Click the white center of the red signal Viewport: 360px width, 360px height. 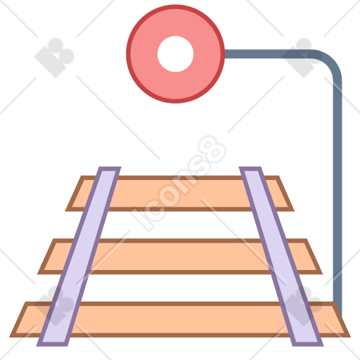(x=175, y=54)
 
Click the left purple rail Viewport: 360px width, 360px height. (x=79, y=257)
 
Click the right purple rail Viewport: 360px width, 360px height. (x=281, y=257)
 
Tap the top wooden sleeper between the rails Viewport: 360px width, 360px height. (x=180, y=193)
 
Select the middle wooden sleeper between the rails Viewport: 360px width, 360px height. (x=180, y=257)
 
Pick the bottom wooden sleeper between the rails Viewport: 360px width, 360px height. (x=180, y=319)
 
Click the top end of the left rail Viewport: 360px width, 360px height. (x=110, y=169)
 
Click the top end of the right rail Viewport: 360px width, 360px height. (x=250, y=169)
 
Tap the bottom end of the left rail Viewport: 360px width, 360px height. (x=52, y=344)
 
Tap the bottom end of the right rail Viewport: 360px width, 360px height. (x=308, y=344)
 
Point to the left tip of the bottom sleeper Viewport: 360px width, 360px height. (x=11, y=337)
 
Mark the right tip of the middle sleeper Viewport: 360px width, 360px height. (x=321, y=274)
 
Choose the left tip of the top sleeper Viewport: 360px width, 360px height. (x=66, y=210)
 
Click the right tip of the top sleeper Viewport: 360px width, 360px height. (x=293, y=210)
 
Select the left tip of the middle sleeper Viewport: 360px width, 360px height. (x=39, y=274)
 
